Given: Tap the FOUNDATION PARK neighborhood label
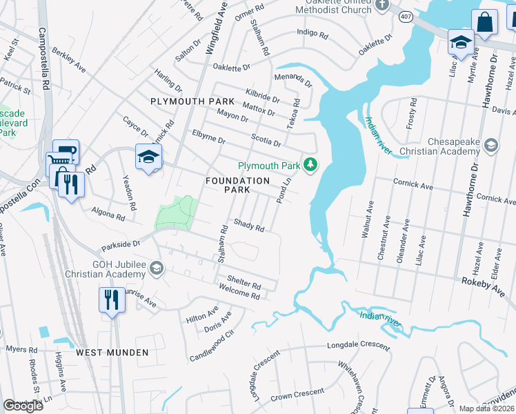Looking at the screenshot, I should (237, 185).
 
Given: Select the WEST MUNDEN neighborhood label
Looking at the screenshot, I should (112, 352).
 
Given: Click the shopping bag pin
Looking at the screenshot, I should (485, 22).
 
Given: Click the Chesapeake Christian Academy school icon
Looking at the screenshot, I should (490, 145).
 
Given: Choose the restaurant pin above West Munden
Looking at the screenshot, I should (112, 300).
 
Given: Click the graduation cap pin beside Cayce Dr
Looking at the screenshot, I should (148, 157).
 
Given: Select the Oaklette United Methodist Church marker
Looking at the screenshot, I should (383, 8).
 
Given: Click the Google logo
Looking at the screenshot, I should (23, 406).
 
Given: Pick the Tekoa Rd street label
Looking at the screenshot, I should (296, 111).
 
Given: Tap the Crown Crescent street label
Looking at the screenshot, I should (297, 394).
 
